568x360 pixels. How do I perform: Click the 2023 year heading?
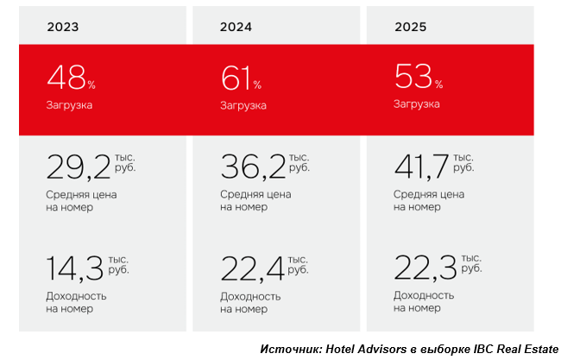63,27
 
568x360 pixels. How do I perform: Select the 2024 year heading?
236,27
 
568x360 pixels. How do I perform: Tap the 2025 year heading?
411,27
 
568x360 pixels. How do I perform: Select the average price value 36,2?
251,166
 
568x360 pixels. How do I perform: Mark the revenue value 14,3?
73,268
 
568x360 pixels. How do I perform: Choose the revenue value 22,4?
251,268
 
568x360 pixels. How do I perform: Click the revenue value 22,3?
423,268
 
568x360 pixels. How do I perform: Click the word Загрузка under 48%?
69,104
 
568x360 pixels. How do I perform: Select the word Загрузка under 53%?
416,104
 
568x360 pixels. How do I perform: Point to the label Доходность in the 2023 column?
77,295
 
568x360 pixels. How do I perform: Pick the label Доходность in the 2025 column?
424,295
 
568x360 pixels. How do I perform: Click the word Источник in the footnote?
289,349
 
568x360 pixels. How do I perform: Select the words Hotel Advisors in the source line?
361,349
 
